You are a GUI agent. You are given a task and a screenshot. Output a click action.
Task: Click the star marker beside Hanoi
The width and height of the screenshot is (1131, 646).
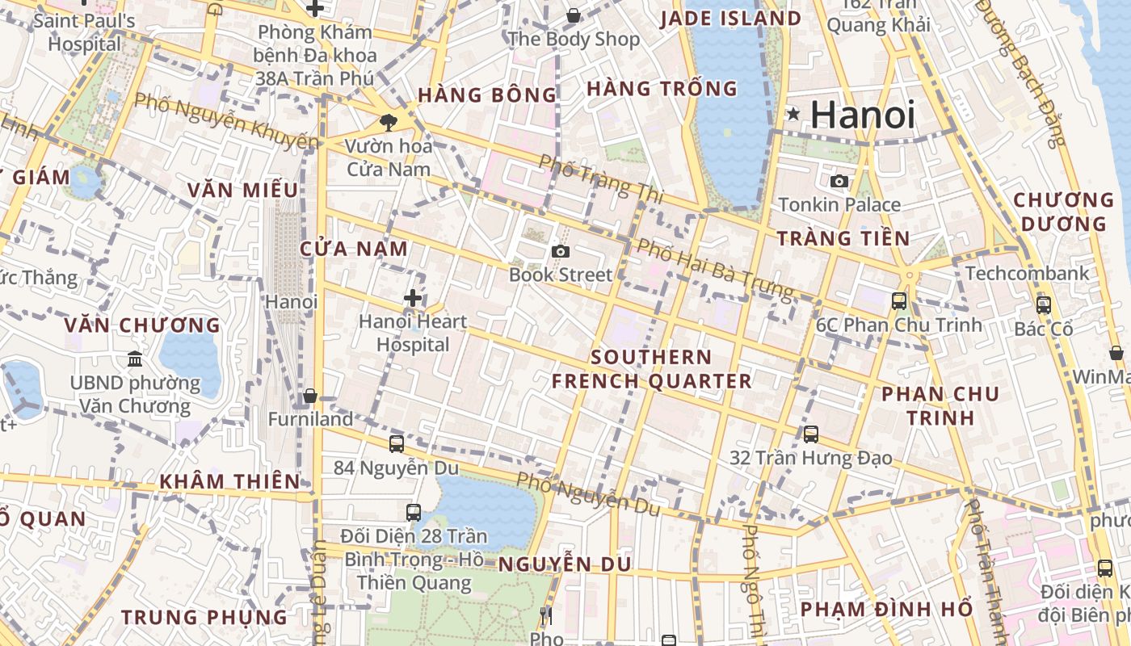tap(793, 115)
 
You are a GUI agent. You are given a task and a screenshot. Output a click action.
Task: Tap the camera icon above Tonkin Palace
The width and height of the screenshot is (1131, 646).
tap(839, 181)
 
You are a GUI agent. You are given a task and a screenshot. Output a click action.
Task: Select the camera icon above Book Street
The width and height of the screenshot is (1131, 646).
tap(560, 252)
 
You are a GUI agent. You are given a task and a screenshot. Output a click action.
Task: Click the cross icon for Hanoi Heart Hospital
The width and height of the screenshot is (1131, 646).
tap(413, 298)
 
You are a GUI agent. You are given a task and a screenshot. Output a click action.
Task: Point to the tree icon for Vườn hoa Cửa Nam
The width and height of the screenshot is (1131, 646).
tap(388, 123)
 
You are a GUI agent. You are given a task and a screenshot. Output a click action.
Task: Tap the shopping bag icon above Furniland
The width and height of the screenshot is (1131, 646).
tap(309, 396)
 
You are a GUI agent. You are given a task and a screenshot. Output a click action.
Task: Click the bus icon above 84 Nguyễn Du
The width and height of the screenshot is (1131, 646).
tap(396, 443)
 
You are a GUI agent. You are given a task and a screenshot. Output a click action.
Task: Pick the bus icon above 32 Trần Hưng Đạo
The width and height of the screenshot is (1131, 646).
tap(811, 434)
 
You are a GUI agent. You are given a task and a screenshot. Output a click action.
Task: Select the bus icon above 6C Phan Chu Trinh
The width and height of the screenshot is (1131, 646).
tap(898, 301)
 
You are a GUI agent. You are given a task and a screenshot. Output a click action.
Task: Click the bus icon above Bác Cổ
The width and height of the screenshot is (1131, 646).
tap(1043, 305)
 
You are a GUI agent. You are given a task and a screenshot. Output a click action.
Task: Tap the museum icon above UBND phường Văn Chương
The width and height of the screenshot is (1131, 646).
tap(135, 359)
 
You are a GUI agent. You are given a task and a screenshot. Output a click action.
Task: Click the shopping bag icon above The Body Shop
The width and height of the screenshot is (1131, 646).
tap(573, 15)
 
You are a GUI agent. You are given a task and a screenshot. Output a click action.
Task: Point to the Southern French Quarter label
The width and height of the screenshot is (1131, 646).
tap(651, 369)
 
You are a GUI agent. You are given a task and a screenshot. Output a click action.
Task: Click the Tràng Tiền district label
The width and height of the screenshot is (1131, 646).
tap(843, 238)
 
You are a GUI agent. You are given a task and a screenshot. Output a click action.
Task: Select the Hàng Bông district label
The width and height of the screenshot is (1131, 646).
tap(487, 95)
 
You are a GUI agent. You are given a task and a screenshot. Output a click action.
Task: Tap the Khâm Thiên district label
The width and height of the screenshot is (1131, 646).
tap(229, 482)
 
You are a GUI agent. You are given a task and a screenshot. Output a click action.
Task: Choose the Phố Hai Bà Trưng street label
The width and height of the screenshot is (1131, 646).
tap(716, 268)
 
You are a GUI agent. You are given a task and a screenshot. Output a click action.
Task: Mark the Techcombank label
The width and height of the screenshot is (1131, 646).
tap(1027, 273)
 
